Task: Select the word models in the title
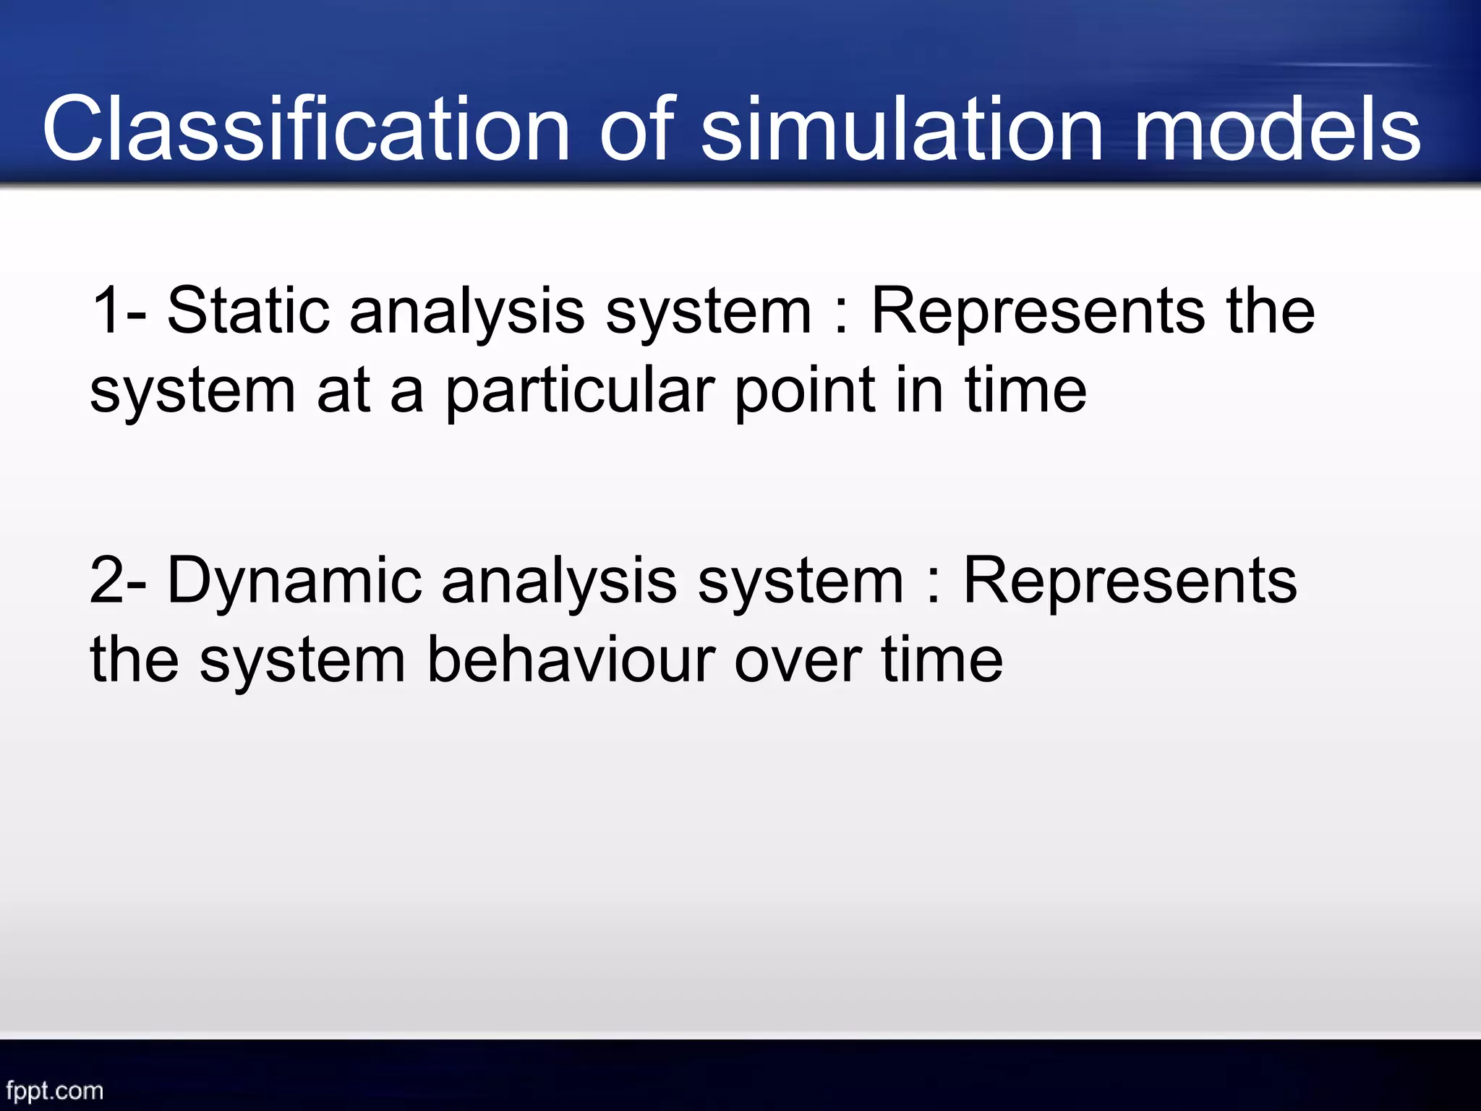pos(1276,130)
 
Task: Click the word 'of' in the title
pos(636,130)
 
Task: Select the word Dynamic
pos(294,582)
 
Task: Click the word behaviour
pos(571,660)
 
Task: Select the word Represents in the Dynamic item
pos(1130,582)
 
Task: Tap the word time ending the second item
pos(942,660)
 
